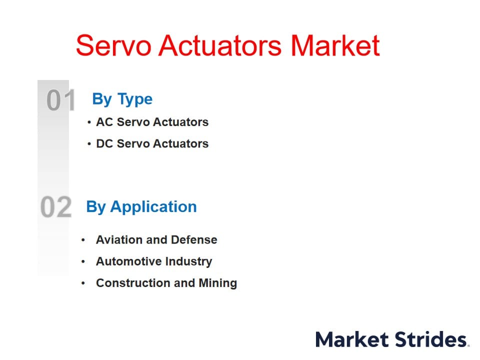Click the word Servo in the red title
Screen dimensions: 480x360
point(113,45)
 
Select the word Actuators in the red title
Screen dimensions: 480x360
point(220,45)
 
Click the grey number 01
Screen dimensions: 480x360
point(61,100)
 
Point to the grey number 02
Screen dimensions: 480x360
point(56,207)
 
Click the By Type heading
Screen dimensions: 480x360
point(122,99)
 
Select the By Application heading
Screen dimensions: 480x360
point(141,207)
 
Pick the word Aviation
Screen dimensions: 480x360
point(119,239)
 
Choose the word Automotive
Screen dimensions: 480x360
point(128,261)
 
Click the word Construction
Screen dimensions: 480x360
point(134,283)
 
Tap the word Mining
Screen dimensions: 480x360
point(218,283)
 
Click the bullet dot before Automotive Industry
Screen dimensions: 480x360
point(83,261)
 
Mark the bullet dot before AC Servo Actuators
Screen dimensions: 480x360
point(89,122)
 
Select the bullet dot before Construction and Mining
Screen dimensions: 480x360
point(83,283)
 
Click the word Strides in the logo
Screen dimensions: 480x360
point(430,339)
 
